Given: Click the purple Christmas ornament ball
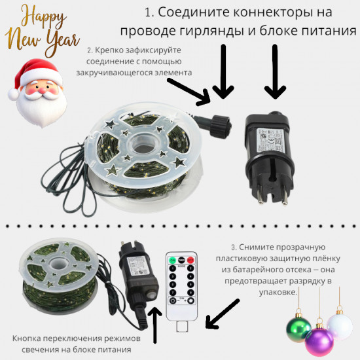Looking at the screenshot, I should click(319, 341).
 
